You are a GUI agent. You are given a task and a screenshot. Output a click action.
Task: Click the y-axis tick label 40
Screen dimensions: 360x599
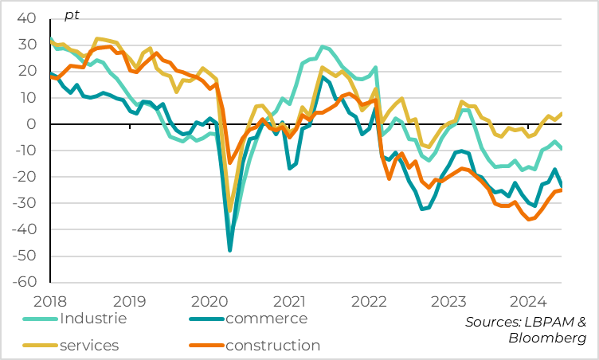[x=26, y=18]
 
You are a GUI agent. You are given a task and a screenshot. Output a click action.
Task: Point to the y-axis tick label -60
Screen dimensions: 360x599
[x=24, y=282]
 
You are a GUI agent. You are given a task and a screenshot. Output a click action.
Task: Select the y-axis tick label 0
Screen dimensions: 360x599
[x=31, y=124]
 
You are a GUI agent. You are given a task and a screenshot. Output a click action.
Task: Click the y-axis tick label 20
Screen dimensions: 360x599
[x=26, y=71]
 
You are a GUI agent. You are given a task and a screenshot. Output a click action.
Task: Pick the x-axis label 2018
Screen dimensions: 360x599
[x=51, y=301]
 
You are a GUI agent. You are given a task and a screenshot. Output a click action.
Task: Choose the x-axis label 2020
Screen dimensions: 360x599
[x=210, y=301]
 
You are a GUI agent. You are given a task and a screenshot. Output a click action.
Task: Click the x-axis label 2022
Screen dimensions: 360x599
[x=369, y=301]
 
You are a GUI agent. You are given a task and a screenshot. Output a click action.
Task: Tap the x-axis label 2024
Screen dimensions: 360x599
[x=528, y=301]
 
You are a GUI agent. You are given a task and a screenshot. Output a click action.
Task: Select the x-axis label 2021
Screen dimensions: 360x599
[x=289, y=301]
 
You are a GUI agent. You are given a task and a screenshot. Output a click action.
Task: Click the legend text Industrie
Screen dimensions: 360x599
[x=92, y=319]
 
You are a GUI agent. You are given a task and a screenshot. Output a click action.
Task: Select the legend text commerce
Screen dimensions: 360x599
[x=266, y=319]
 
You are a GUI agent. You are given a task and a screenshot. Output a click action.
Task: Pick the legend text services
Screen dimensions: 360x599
[x=89, y=345]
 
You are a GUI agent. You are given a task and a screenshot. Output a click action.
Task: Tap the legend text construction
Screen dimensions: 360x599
[x=272, y=345]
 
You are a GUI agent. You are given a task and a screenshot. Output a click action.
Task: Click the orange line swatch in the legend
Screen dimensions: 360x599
[x=205, y=345]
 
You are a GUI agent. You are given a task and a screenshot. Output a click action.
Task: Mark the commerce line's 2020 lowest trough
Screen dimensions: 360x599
[x=230, y=250]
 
